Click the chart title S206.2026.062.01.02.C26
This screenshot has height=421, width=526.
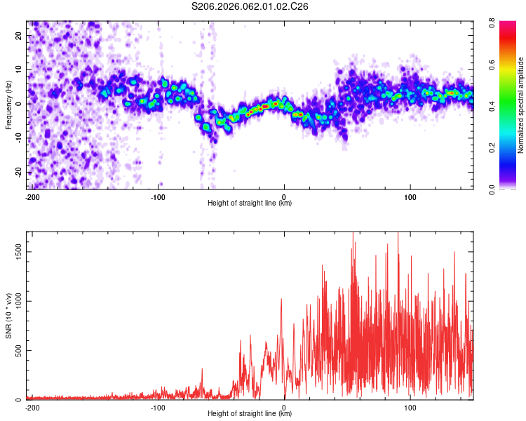click(250, 6)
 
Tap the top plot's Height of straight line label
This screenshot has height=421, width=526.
click(250, 203)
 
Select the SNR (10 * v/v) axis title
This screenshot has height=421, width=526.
click(9, 316)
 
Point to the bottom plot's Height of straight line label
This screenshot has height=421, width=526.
click(250, 414)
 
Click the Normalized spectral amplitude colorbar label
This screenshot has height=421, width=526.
click(520, 105)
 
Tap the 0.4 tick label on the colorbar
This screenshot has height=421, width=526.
click(503, 107)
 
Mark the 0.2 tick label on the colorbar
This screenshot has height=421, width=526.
click(503, 148)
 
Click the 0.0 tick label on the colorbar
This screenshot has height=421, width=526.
click(503, 189)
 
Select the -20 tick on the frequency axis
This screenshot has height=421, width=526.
click(19, 172)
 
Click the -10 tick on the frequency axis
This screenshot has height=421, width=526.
click(19, 138)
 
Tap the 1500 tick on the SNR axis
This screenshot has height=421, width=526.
click(16, 252)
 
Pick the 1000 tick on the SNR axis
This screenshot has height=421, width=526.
click(16, 301)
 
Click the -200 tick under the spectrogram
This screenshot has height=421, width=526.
click(32, 197)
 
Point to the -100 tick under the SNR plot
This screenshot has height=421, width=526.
click(158, 408)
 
